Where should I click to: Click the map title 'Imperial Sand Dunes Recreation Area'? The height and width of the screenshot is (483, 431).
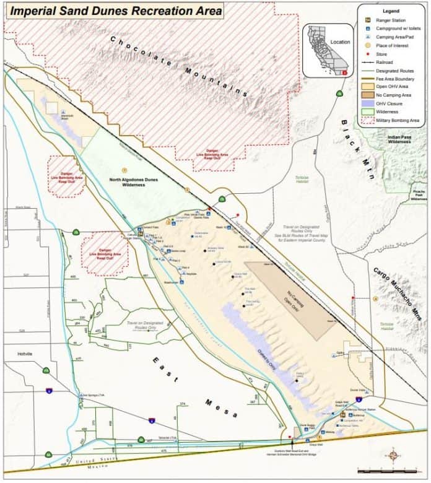pos(113,11)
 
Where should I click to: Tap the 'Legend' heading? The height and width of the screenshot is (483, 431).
pos(391,11)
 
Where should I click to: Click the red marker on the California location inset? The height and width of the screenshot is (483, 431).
pos(345,72)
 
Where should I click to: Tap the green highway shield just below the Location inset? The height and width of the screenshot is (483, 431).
pos(339,94)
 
